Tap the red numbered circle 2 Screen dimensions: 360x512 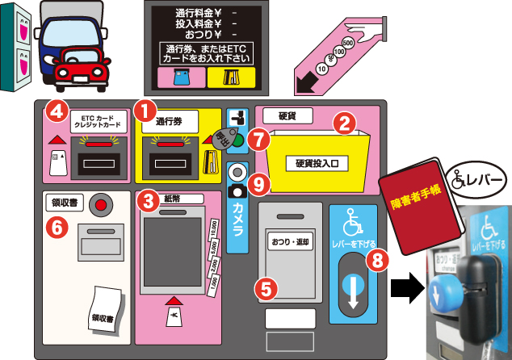pyautogui.click(x=345, y=123)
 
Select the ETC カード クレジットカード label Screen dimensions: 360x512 pyautogui.click(x=99, y=120)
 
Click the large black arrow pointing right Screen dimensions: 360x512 pyautogui.click(x=406, y=287)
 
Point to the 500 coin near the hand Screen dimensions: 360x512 pyautogui.click(x=348, y=42)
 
